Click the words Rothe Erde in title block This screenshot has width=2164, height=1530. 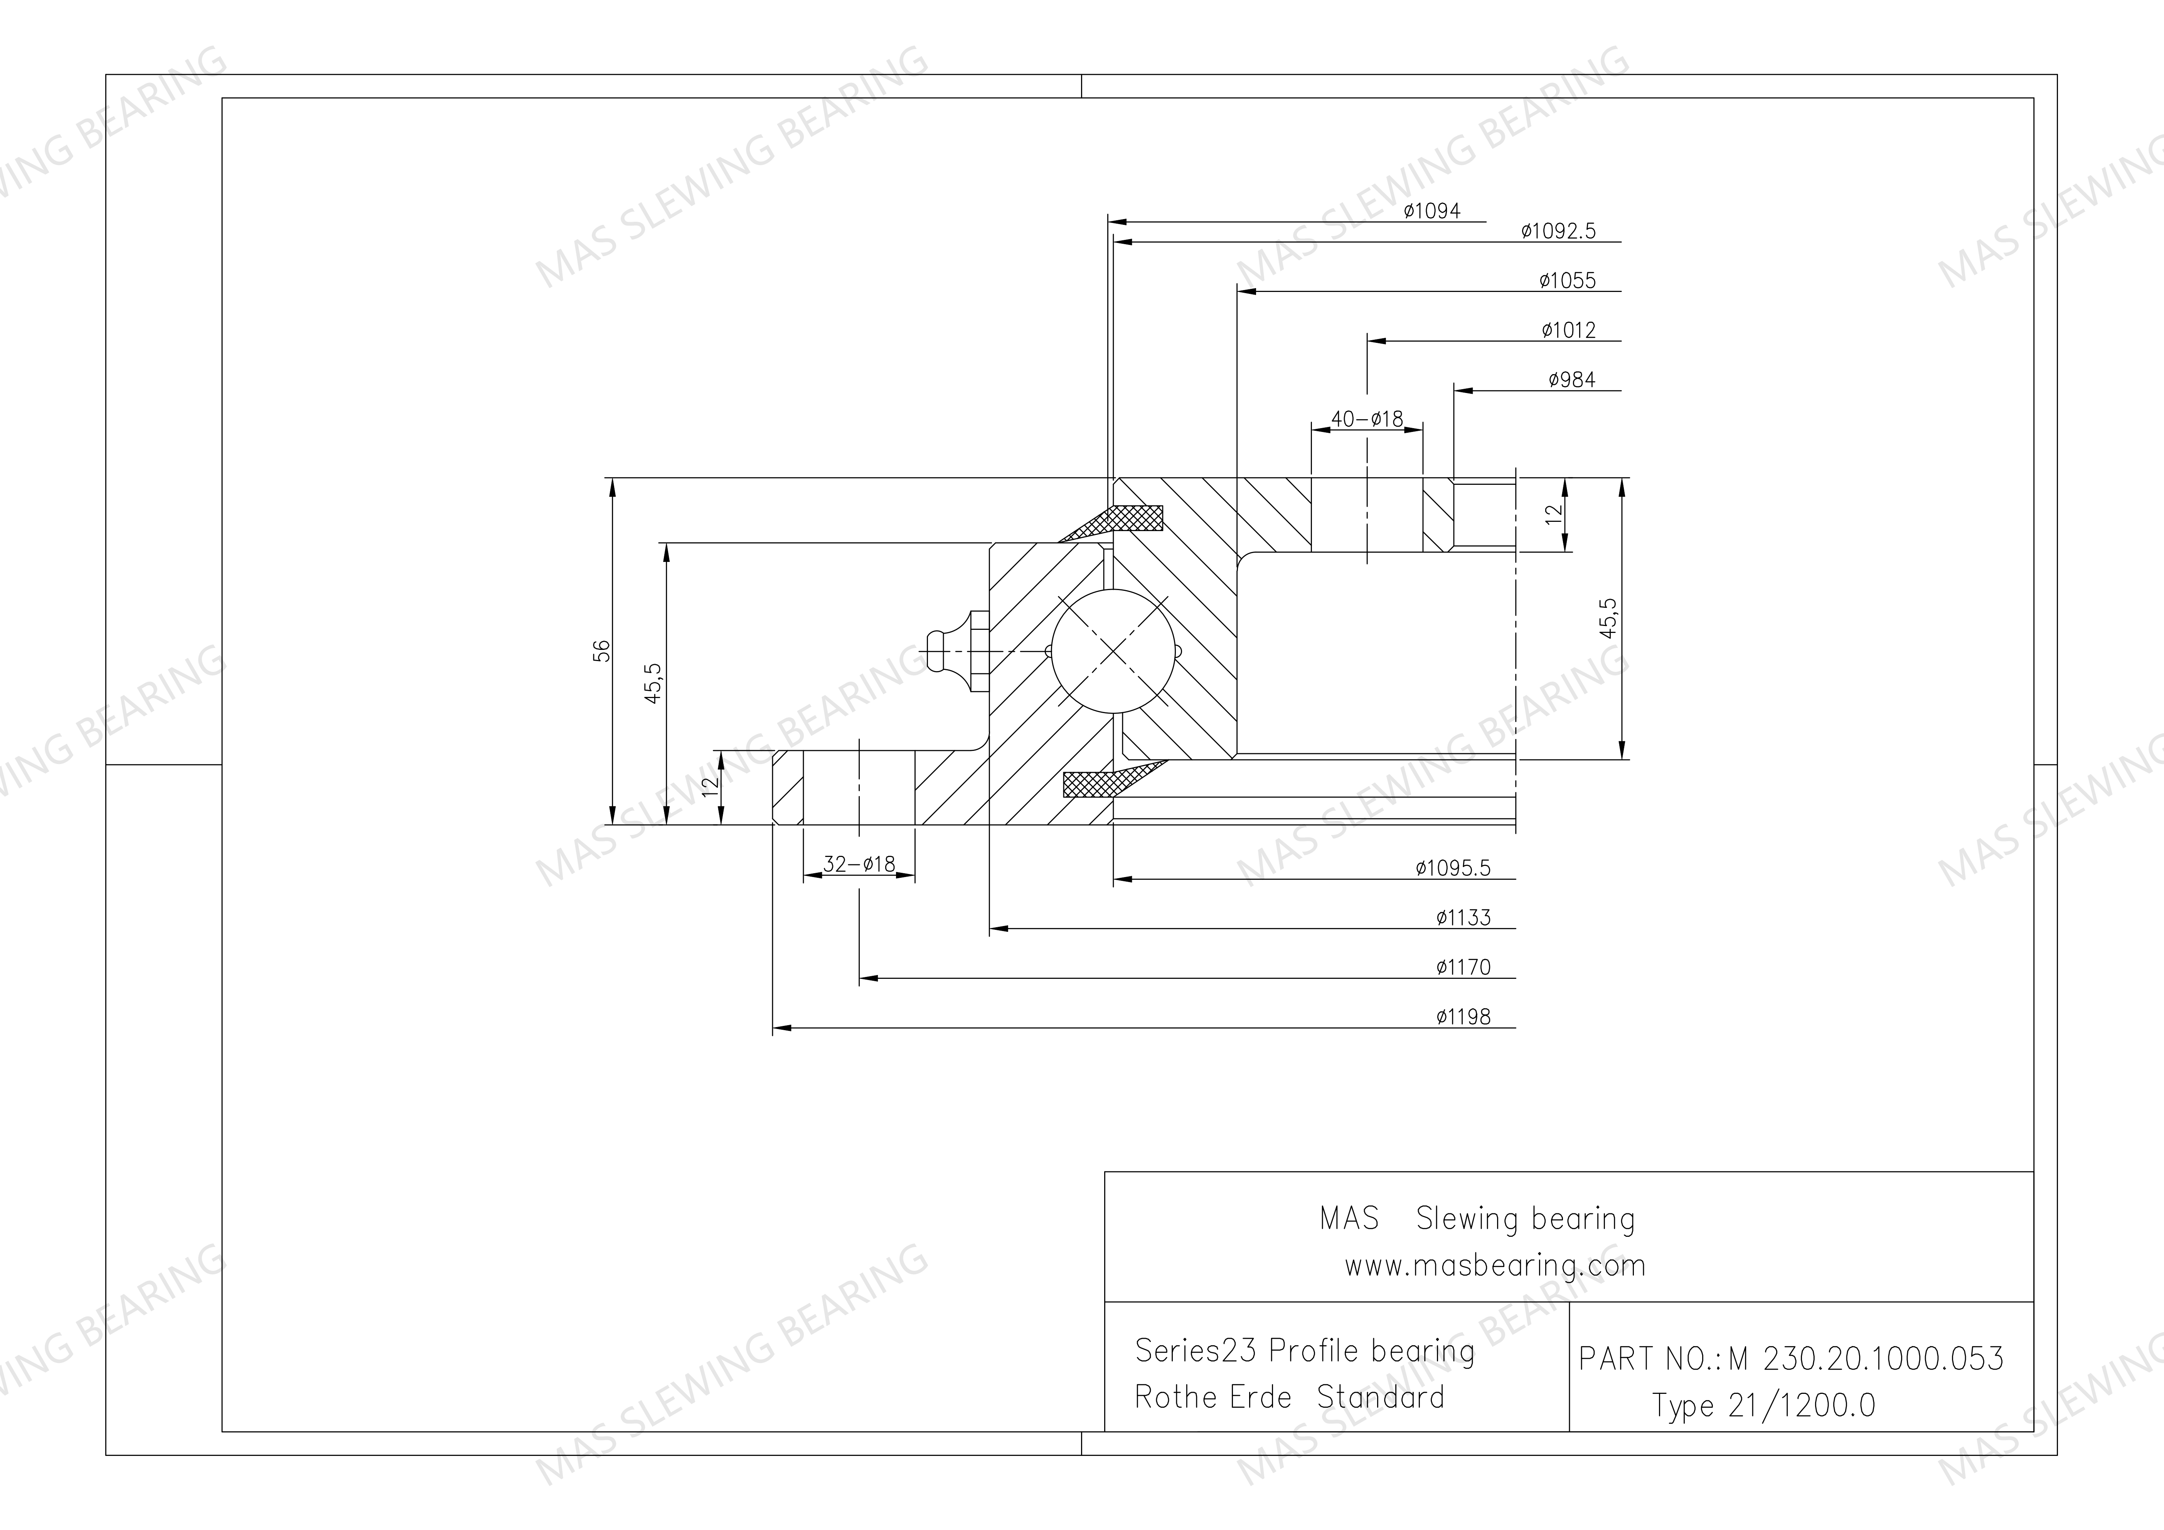click(x=1213, y=1397)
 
